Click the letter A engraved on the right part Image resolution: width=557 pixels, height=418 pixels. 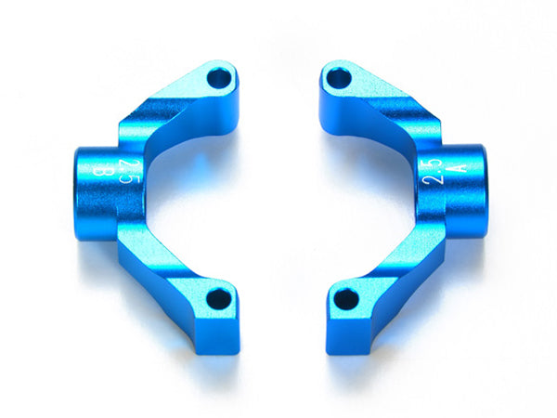459,165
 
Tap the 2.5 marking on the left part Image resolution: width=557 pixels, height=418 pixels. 126,170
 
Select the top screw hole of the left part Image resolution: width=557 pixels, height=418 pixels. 219,79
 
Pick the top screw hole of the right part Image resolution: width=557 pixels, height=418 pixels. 339,79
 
